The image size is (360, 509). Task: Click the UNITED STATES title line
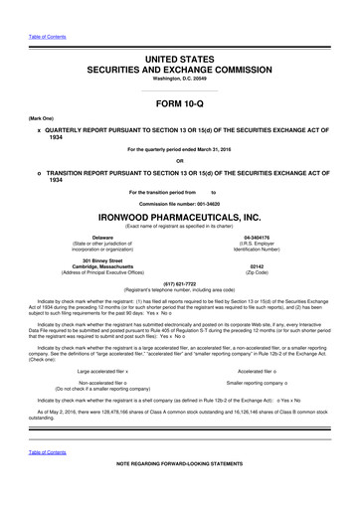179,33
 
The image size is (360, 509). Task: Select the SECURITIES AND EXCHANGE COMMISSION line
179,46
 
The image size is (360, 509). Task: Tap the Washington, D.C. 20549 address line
179,57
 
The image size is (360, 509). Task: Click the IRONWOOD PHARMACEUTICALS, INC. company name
179,216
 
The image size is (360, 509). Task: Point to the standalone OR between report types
179,161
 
